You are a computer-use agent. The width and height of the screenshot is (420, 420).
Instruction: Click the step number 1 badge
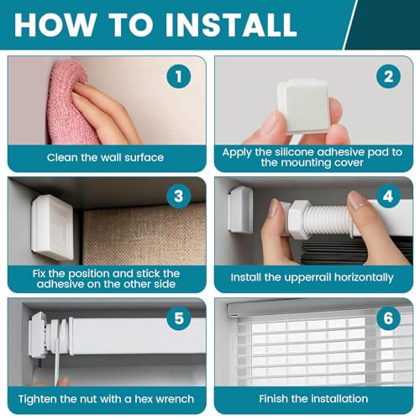click(179, 76)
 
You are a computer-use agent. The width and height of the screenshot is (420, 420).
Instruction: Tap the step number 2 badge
click(388, 76)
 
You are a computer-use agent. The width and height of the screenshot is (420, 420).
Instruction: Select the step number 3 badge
click(179, 196)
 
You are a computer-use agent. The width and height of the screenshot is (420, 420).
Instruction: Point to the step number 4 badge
click(388, 196)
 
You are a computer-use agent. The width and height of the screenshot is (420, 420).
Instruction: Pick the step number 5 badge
click(179, 318)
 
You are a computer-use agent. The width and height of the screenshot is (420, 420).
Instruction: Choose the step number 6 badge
click(388, 318)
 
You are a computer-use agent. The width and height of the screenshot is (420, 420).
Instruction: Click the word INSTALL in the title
click(231, 24)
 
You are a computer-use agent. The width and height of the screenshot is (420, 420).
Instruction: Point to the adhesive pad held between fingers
click(303, 107)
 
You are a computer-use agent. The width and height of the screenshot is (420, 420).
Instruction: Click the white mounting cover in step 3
click(52, 228)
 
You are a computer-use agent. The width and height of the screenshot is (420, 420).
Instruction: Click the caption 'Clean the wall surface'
click(105, 158)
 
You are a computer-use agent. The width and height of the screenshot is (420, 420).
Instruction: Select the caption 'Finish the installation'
click(313, 399)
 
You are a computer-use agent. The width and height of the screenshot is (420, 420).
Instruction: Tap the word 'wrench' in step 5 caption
click(177, 399)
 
